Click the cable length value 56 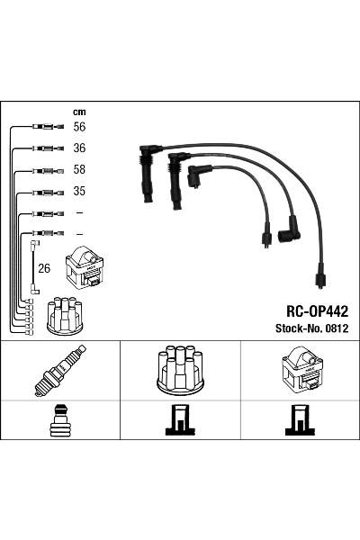click(x=80, y=127)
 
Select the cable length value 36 click(x=80, y=148)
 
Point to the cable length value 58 click(x=80, y=170)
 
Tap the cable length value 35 click(x=80, y=192)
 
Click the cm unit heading click(x=78, y=112)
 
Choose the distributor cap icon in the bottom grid click(x=179, y=368)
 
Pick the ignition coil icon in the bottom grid click(x=299, y=369)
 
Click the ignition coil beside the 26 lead click(x=85, y=267)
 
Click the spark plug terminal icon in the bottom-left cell click(x=59, y=420)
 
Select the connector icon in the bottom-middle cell click(x=179, y=420)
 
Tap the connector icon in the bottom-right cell click(x=299, y=420)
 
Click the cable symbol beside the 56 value click(x=45, y=127)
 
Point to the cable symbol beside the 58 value click(x=45, y=170)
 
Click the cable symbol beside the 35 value click(x=45, y=192)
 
